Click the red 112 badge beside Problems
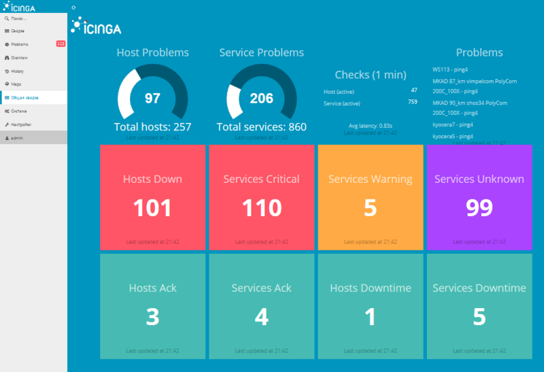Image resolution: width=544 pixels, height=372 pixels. coord(61,44)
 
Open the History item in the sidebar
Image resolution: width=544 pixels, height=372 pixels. coord(18,71)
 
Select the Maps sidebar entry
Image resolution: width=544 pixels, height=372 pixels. coord(16,84)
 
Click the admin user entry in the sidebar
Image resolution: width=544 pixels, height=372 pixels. coord(16,137)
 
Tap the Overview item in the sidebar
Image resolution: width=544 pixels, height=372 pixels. coord(19,58)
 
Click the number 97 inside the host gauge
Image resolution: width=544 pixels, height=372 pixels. coord(152,99)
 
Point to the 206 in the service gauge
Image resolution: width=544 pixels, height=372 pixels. coord(261,99)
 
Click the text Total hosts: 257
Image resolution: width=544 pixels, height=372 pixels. coord(152,127)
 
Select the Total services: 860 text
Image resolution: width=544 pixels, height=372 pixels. coord(261,127)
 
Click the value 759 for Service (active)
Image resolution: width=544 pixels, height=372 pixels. coord(412,102)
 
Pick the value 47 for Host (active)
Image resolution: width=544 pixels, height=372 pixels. coord(414,90)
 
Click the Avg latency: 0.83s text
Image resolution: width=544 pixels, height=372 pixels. coord(370,125)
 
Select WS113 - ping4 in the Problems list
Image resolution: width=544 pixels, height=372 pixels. coord(450,69)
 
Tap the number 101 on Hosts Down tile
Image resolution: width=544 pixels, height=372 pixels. coord(152,207)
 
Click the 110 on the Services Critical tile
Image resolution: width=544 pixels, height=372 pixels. coord(261,207)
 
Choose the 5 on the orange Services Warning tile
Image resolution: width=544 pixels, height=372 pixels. coord(370,207)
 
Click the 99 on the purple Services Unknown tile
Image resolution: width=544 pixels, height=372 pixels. coord(479,207)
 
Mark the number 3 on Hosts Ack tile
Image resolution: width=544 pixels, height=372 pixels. coord(152,316)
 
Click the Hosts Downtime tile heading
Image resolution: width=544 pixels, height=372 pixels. coord(370,288)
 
